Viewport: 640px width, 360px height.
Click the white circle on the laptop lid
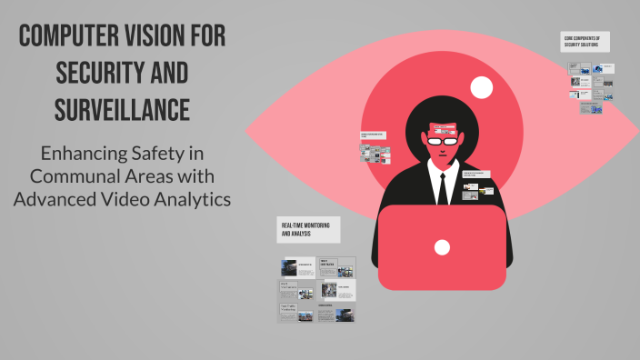pyautogui.click(x=442, y=246)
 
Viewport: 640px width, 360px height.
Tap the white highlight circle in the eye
pyautogui.click(x=482, y=87)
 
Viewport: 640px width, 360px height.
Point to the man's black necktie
pyautogui.click(x=442, y=186)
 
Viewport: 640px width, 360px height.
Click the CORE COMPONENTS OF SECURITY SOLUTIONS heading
pyautogui.click(x=585, y=42)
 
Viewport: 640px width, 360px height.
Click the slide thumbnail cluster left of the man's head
pyautogui.click(x=375, y=148)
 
